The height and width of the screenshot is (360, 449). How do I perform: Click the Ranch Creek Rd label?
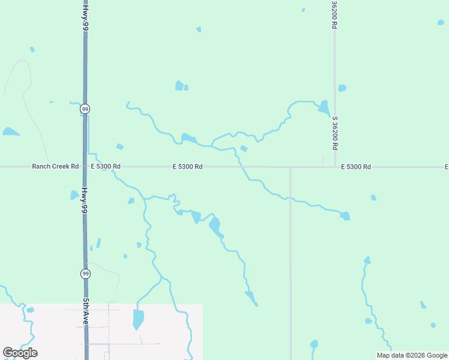[55, 166]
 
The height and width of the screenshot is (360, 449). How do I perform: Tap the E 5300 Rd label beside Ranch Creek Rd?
[106, 166]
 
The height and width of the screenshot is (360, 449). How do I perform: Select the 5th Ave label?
[86, 313]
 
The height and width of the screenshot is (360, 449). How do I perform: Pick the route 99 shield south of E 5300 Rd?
[86, 274]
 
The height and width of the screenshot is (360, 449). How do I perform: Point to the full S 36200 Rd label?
[334, 133]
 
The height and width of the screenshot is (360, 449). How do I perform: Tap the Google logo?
[20, 353]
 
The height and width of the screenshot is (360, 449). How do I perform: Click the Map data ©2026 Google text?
[412, 355]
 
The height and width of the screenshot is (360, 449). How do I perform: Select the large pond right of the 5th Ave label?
[138, 319]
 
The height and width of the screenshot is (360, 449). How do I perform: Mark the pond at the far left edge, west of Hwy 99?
[10, 131]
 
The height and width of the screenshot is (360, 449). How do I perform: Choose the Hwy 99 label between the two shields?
[85, 201]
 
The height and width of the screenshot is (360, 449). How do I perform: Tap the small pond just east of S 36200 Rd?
[342, 88]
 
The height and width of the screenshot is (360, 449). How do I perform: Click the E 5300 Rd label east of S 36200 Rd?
[356, 166]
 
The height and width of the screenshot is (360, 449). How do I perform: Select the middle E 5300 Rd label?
[187, 166]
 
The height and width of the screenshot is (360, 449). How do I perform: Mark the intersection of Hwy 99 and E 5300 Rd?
[85, 166]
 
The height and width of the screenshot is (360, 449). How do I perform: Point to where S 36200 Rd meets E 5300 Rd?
[334, 166]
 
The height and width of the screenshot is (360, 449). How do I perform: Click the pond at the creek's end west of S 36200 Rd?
[324, 108]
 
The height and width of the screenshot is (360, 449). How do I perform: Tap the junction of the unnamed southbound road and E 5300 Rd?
[291, 167]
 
